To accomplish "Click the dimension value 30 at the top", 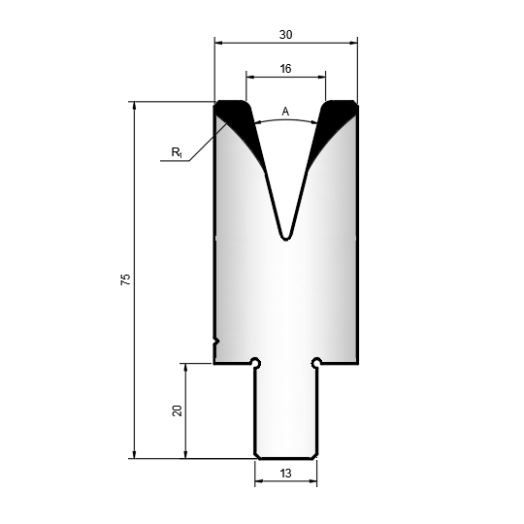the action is click(285, 34).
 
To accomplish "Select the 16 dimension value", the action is click(285, 69).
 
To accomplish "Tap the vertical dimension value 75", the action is click(125, 279).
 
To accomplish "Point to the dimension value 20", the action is click(177, 410).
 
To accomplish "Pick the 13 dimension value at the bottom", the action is click(285, 474).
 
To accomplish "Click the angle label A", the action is click(285, 112).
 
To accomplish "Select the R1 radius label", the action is click(177, 152).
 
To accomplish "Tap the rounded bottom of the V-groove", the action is click(285, 237).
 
